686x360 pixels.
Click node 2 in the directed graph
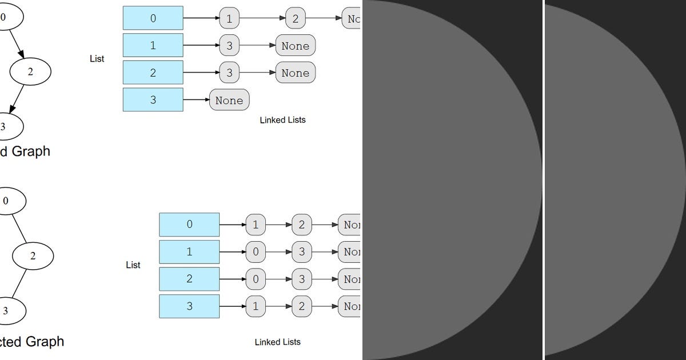tap(30, 71)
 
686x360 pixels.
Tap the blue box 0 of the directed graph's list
tap(153, 18)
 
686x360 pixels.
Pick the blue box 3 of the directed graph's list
tap(153, 99)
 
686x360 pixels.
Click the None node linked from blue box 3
tap(229, 100)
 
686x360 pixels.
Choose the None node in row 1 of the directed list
tap(295, 46)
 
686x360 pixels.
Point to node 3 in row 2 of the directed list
tap(229, 73)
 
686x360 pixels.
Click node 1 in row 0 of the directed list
tap(229, 19)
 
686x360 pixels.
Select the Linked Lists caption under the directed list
tap(282, 120)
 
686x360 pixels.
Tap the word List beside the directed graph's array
tap(97, 59)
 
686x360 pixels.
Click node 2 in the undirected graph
tap(33, 256)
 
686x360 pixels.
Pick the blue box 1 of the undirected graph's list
tap(189, 252)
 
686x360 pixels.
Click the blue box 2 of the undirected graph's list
tap(189, 279)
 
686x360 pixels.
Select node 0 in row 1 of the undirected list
tap(256, 252)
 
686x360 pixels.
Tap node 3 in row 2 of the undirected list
tap(301, 279)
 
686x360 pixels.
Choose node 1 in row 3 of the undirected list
tap(256, 306)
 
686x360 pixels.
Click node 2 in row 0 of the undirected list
tap(301, 225)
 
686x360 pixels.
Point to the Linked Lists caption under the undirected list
tap(277, 342)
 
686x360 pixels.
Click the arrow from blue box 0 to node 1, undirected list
tap(232, 225)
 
